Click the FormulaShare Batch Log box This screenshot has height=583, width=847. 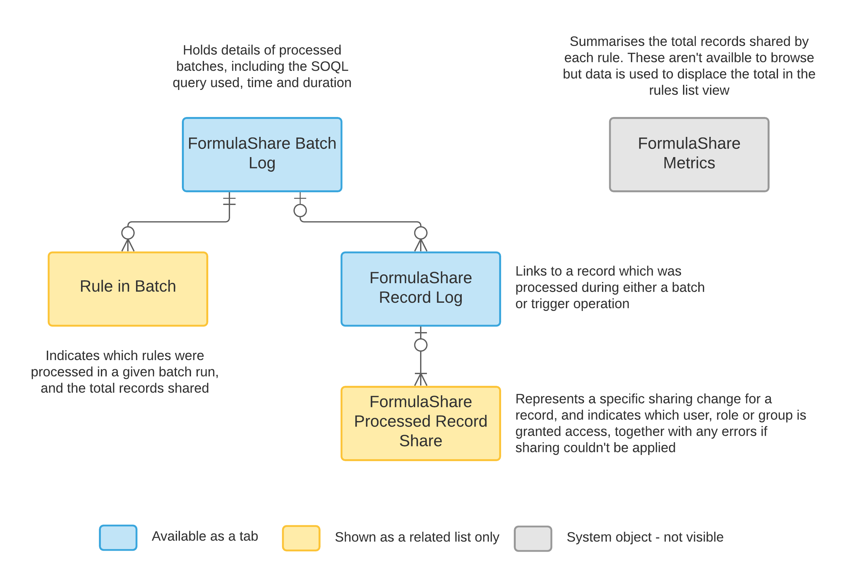(262, 154)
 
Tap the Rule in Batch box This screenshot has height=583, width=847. (128, 289)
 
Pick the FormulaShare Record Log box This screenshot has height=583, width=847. (421, 289)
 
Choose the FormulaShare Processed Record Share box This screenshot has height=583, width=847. (421, 423)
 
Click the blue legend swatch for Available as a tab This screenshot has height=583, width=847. (118, 537)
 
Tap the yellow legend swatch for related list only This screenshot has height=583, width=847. (301, 538)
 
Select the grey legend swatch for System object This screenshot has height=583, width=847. (533, 538)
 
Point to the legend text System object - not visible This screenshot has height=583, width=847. (645, 537)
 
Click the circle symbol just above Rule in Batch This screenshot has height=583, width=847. (128, 233)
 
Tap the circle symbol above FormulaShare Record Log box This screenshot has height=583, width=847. (421, 233)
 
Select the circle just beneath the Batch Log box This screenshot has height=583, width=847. (300, 211)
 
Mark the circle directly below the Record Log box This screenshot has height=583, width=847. (421, 345)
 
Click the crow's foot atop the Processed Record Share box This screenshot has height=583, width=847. (421, 379)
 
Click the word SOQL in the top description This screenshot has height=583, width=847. (329, 66)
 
